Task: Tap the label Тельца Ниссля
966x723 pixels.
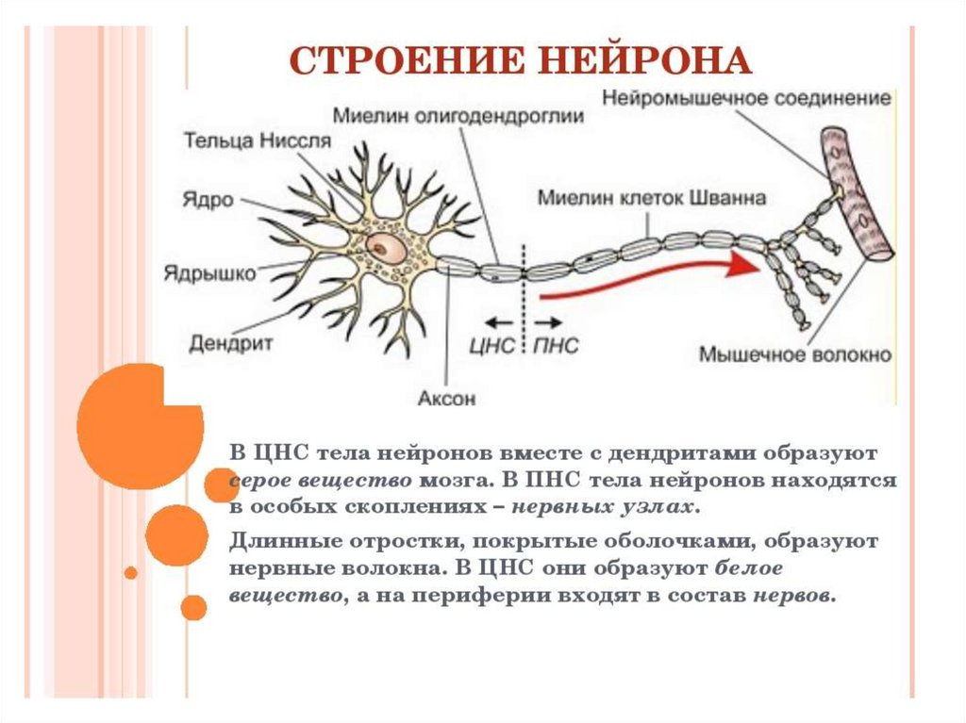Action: [x=258, y=141]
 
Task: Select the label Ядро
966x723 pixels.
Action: [x=210, y=201]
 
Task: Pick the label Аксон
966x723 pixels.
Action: [x=446, y=398]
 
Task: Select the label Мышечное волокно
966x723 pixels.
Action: [x=795, y=355]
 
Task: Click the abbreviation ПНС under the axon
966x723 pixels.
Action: [x=557, y=346]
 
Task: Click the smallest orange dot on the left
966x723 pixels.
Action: [x=131, y=572]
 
